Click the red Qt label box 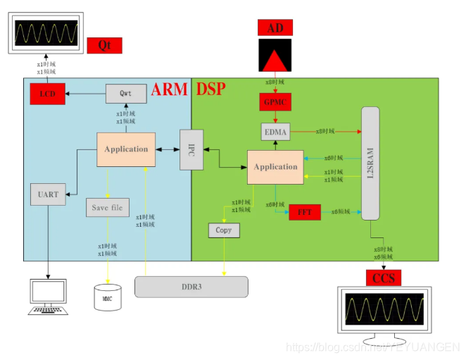coord(104,46)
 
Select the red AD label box coord(275,27)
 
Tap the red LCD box coord(47,94)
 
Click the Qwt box coord(126,93)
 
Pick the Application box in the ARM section coord(126,149)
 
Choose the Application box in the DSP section coord(275,167)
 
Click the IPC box coord(191,149)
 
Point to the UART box coord(48,194)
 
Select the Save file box coord(108,208)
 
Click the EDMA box coord(275,131)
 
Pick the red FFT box coord(305,211)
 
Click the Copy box coord(224,230)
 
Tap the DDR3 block coord(191,286)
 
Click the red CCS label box coord(384,278)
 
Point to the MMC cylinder coord(108,297)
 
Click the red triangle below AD coord(275,56)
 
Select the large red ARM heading coord(170,89)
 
